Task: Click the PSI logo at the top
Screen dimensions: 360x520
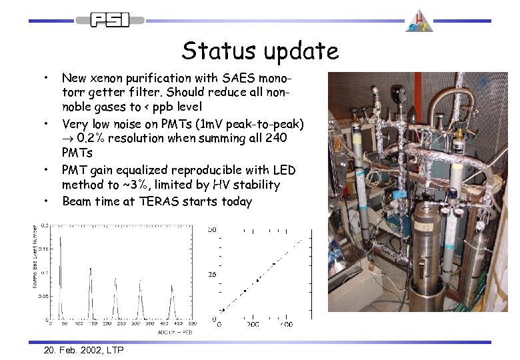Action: pos(109,20)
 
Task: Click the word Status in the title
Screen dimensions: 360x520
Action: pos(213,51)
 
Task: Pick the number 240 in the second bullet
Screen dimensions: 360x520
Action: pos(275,138)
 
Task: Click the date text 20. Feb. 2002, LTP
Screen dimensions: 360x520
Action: pos(83,350)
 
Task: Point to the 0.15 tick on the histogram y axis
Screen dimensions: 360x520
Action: pos(43,249)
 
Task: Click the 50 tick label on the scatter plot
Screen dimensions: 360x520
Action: pos(212,230)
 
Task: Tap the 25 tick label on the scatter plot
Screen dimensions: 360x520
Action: pos(213,274)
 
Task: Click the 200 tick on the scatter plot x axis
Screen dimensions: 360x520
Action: pos(253,325)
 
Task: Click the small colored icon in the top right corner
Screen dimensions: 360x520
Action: pos(422,20)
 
